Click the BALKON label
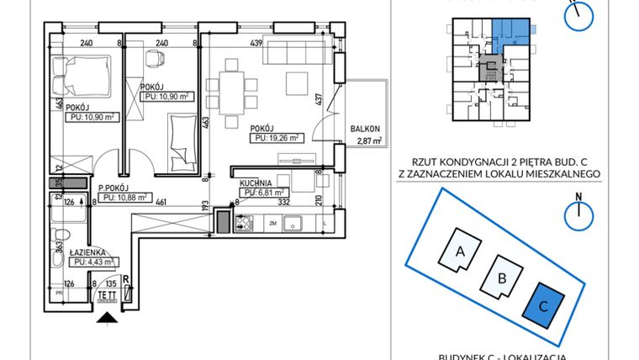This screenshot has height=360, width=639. pyautogui.click(x=367, y=130)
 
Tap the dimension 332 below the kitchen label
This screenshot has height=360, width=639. pyautogui.click(x=284, y=202)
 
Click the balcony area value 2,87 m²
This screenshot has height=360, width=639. pyautogui.click(x=369, y=142)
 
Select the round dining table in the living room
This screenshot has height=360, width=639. pyautogui.click(x=231, y=90)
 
